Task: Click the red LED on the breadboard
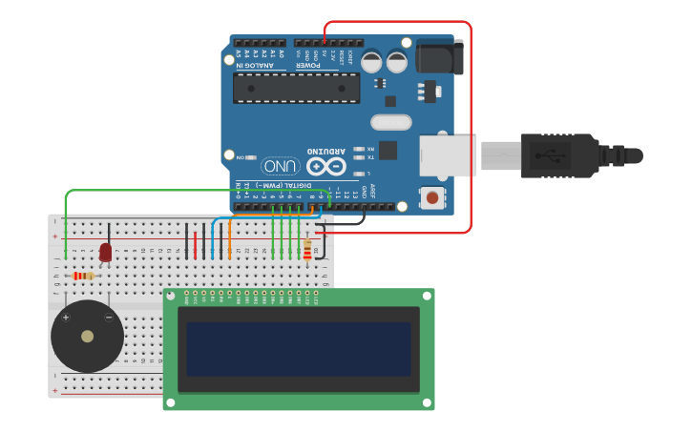[105, 252]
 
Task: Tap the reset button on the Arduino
[432, 198]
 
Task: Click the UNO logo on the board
[281, 166]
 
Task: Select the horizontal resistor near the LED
[84, 276]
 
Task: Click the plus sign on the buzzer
[66, 317]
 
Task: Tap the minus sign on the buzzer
[108, 317]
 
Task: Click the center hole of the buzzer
[87, 337]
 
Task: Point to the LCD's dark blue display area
[298, 348]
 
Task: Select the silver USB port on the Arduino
[447, 155]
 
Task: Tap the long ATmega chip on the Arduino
[296, 88]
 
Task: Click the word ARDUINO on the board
[326, 152]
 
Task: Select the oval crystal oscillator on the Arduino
[390, 122]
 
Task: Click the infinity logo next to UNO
[325, 168]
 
